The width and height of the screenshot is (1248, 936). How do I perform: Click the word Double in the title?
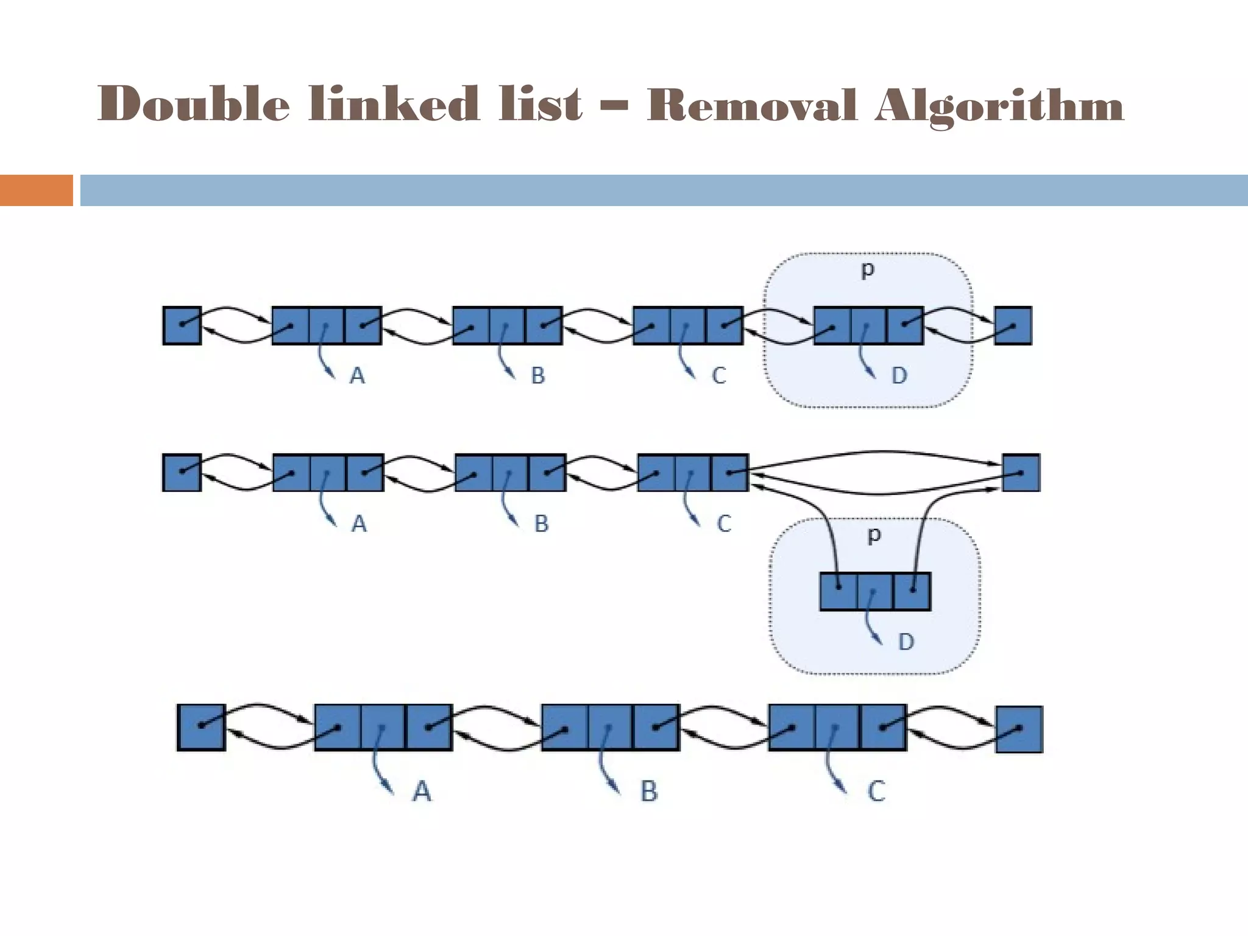coord(193,104)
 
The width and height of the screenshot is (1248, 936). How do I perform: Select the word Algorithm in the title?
coord(999,107)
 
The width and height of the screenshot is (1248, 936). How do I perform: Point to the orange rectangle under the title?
coord(36,190)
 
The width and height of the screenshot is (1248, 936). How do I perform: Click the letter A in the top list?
coord(357,375)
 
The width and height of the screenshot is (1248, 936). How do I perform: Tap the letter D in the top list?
coord(899,375)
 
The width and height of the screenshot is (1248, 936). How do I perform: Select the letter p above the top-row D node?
coord(868,270)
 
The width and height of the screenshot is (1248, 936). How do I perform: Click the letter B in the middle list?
coord(541,523)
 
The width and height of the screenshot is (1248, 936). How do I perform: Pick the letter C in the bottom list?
coord(876,792)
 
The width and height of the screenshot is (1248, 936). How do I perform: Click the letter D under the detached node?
coord(906,642)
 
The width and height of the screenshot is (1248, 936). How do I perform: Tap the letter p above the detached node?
coord(874,536)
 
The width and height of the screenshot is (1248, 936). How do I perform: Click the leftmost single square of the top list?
coord(182,325)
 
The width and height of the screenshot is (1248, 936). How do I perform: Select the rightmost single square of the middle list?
coord(1021,472)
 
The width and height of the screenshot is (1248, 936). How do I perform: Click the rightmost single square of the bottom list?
coord(1019,729)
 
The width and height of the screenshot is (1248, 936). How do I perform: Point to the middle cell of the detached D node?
coord(875,591)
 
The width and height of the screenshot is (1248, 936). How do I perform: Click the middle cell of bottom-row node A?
coord(383,727)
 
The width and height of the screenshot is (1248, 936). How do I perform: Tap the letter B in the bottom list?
coord(649,792)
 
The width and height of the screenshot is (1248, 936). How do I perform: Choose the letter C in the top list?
coord(719,375)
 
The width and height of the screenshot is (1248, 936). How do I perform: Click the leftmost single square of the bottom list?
coord(202,727)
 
